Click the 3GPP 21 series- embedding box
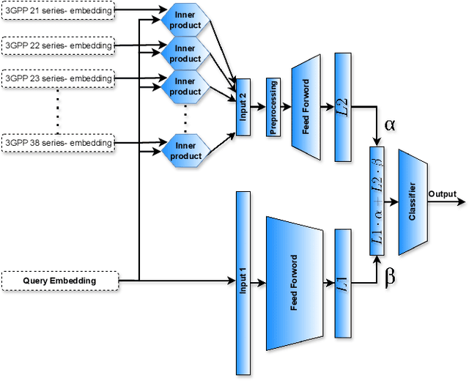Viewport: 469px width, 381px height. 59,12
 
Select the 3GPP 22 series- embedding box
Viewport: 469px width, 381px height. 59,45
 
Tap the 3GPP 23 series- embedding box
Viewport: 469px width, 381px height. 59,78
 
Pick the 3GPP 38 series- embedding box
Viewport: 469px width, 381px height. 59,142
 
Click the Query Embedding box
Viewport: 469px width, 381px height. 59,280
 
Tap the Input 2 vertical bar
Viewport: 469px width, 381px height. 243,107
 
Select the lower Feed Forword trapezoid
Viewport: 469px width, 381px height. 295,282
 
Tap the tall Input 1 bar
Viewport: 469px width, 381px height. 243,282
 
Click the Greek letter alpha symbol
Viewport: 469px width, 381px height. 389,125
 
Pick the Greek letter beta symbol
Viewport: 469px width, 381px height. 390,277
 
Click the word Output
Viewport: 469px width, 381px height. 442,194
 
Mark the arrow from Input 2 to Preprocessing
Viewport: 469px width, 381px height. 258,107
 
